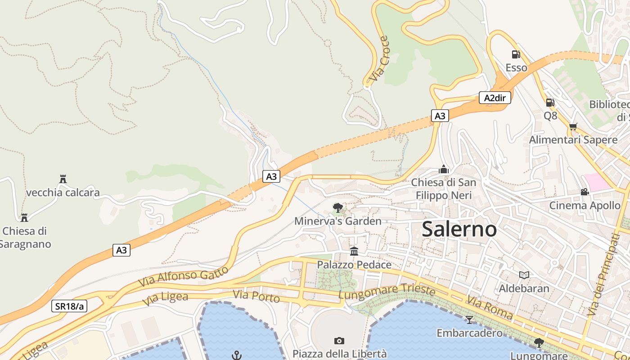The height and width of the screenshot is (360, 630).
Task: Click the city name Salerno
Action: pos(459,229)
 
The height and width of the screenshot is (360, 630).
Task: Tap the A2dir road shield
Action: pos(495,98)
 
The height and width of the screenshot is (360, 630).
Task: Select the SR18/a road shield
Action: pos(69,306)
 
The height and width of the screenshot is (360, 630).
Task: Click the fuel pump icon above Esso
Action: pos(516,54)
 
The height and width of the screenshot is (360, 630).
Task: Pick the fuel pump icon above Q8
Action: pos(549,102)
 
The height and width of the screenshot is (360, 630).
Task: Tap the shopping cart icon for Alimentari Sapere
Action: pos(573,126)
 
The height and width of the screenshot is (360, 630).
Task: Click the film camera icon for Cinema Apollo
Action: pos(585,192)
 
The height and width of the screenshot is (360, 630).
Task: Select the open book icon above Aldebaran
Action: pos(524,275)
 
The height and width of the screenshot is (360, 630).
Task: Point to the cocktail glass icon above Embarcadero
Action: pos(469,319)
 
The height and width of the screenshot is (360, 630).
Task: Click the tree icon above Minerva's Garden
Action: pos(337,207)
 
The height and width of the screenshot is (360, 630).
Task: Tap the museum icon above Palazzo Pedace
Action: pos(354,251)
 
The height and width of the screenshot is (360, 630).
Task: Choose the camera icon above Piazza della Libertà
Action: pos(339,341)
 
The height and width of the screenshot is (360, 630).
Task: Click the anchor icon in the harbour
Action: pos(237,355)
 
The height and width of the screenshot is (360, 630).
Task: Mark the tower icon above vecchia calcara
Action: pos(63,179)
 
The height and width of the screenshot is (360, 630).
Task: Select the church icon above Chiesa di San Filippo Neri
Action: pos(444,169)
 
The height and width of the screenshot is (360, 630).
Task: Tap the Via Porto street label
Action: pos(256,297)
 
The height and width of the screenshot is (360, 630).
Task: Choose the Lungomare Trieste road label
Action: pos(387,292)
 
